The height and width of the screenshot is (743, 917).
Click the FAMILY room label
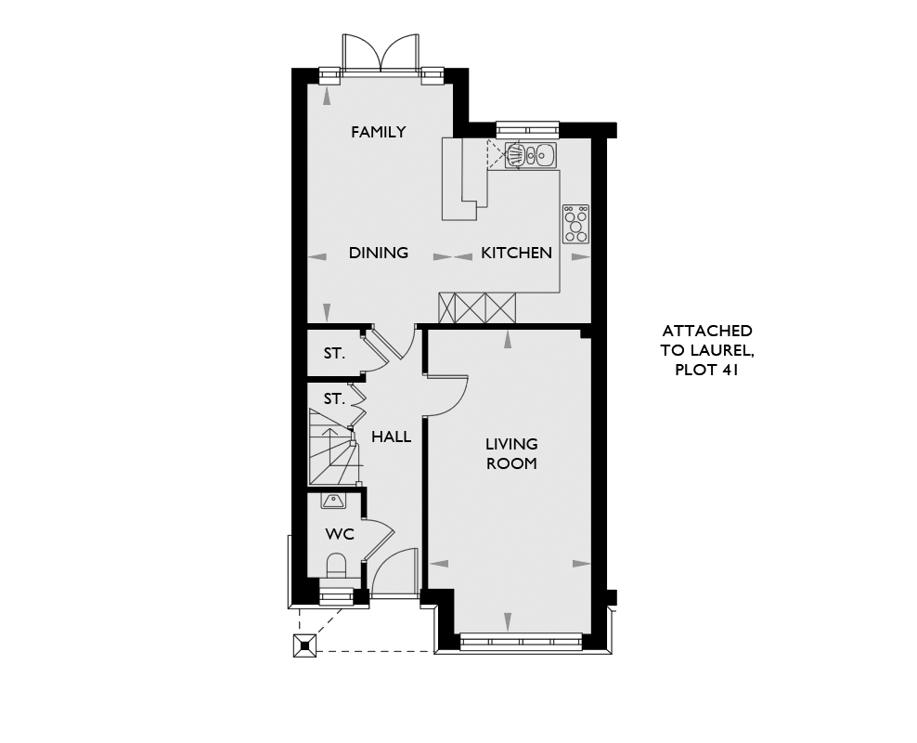click(x=379, y=132)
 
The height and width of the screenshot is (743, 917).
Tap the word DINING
click(x=379, y=253)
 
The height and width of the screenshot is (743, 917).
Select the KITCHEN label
click(x=516, y=253)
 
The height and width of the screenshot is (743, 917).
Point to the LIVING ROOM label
click(x=511, y=453)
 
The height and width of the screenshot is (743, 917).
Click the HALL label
click(x=392, y=437)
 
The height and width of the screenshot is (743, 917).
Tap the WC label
click(x=340, y=534)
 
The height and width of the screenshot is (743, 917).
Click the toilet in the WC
click(x=336, y=567)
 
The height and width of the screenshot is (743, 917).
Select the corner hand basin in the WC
click(x=334, y=501)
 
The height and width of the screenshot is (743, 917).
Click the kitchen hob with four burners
click(x=576, y=224)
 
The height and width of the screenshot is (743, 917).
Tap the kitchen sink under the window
click(x=531, y=155)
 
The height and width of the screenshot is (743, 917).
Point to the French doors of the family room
click(x=381, y=53)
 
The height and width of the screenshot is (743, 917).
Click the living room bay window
click(x=521, y=642)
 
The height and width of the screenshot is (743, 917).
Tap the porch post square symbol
click(x=304, y=645)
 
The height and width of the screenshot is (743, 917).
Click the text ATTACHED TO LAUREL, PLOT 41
click(x=706, y=350)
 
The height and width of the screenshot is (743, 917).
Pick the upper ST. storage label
click(x=334, y=353)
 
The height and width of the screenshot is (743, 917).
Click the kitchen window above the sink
click(x=527, y=129)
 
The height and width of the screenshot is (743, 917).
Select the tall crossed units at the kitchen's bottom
click(x=477, y=307)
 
